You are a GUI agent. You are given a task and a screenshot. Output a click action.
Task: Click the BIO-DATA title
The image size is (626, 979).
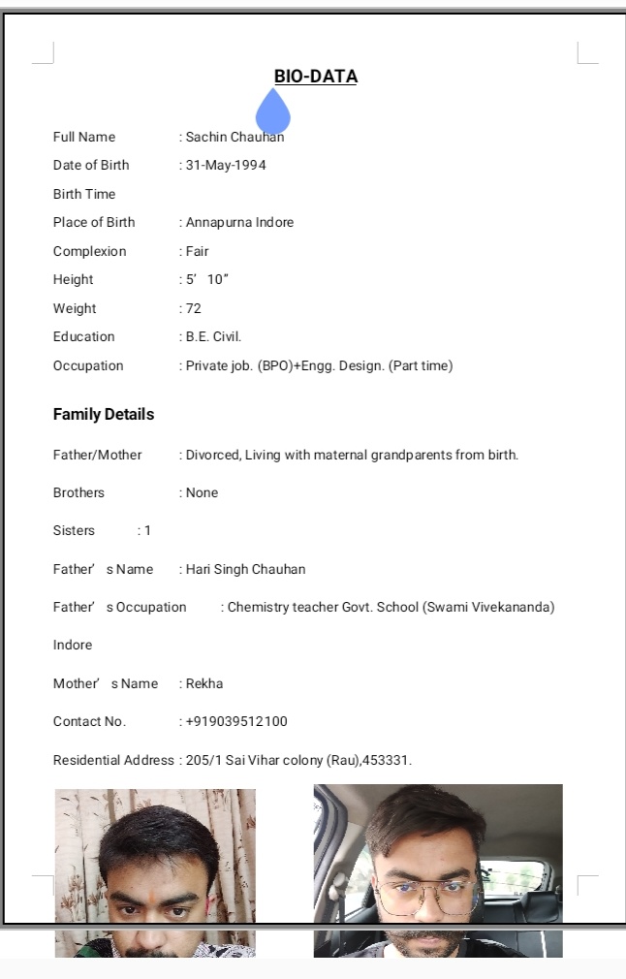(x=316, y=77)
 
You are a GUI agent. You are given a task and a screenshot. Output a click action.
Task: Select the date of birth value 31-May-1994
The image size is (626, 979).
(x=226, y=165)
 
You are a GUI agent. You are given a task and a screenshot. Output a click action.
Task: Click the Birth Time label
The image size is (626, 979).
(x=84, y=194)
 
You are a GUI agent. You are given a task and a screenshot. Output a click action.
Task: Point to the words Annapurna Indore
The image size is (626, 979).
(x=239, y=222)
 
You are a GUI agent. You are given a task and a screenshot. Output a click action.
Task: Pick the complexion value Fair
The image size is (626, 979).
(x=197, y=251)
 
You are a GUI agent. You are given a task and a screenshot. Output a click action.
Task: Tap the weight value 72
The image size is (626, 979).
(x=194, y=308)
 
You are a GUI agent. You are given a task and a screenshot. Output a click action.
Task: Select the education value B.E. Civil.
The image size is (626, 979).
(x=213, y=336)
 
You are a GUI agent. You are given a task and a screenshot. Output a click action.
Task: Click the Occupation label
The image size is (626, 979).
(x=88, y=365)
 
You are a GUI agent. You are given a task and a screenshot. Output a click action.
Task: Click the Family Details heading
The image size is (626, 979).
(x=104, y=414)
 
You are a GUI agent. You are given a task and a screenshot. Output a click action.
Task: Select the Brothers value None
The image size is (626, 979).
(x=202, y=492)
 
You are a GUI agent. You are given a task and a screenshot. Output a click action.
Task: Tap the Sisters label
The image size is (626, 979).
(x=74, y=530)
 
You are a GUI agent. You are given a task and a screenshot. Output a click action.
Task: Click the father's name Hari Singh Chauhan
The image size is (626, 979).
(x=245, y=569)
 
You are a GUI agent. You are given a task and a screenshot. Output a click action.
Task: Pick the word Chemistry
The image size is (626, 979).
(x=258, y=607)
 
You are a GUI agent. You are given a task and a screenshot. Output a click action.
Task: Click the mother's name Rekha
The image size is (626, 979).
(x=204, y=683)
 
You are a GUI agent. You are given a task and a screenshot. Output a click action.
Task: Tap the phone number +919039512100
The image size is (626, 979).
(x=236, y=721)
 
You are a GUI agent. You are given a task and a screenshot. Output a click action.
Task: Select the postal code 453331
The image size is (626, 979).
(x=387, y=760)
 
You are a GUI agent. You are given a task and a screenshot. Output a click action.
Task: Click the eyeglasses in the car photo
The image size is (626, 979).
(x=426, y=896)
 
